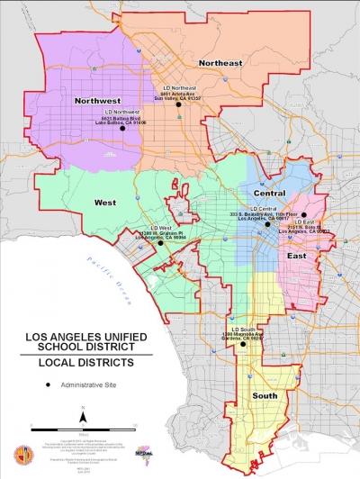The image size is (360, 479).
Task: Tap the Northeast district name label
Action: [x=220, y=62]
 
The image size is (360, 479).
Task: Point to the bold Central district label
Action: [x=269, y=193]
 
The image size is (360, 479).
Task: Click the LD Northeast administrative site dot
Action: [x=178, y=104]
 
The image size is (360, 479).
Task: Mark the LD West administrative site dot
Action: [x=160, y=242]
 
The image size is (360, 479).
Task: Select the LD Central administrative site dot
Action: [x=267, y=223]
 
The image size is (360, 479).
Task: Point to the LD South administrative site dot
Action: [x=243, y=344]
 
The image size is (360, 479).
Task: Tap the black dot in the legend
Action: [x=48, y=384]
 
